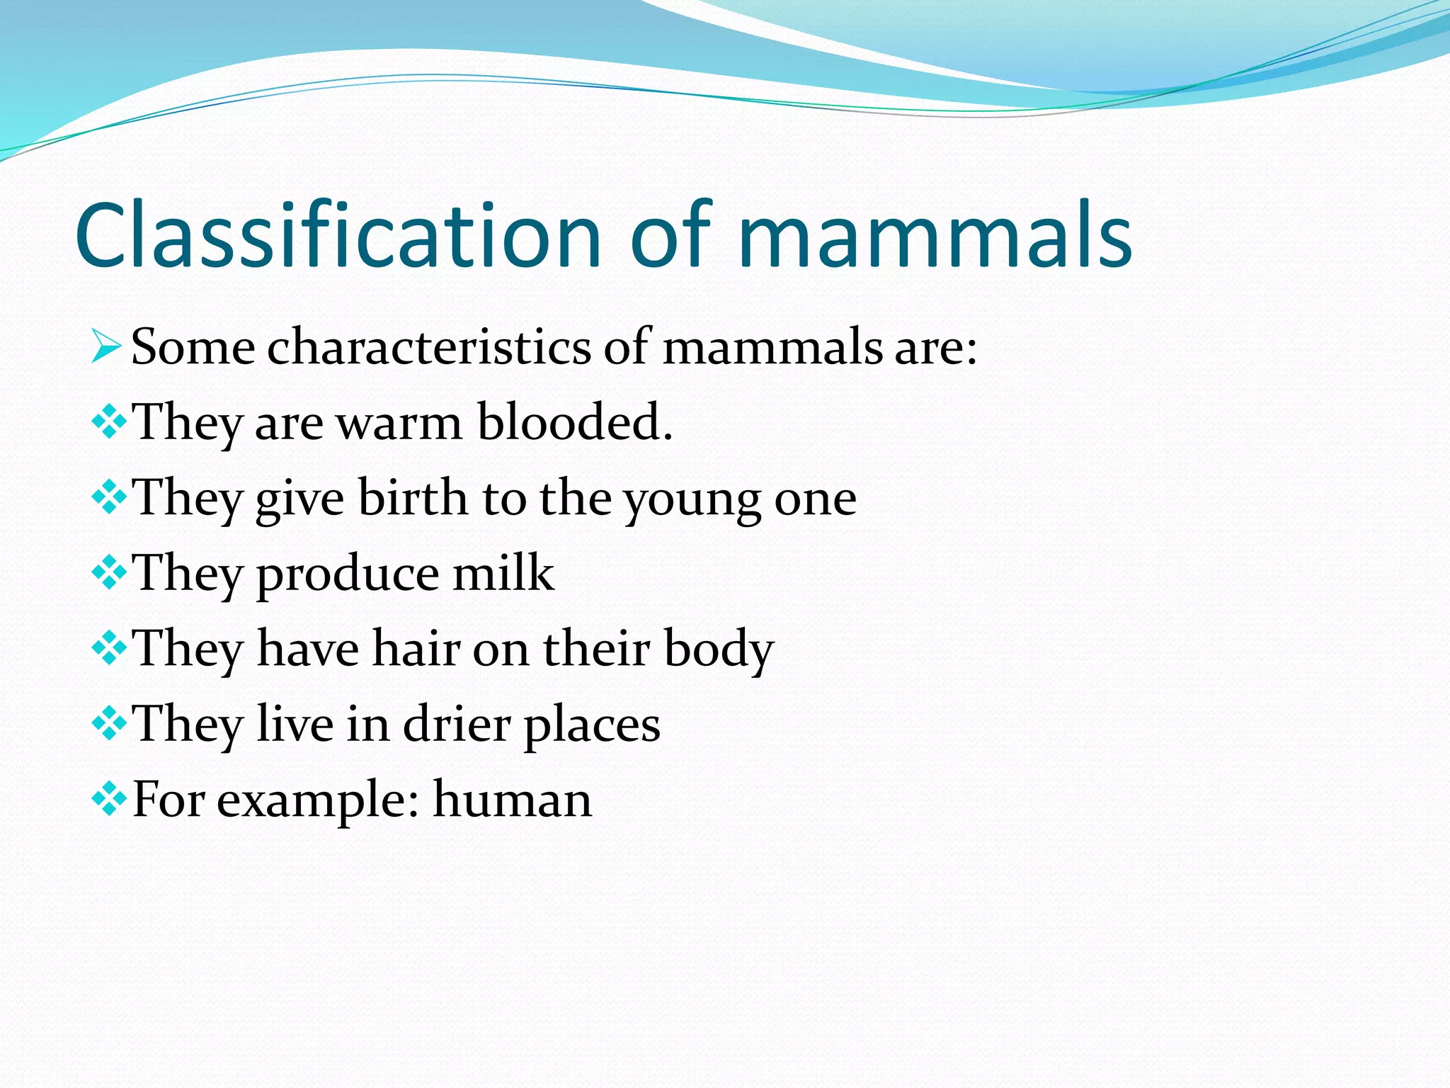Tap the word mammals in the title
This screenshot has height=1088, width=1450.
(935, 235)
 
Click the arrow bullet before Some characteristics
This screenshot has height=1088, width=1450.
(107, 347)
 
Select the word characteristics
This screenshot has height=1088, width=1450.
(428, 347)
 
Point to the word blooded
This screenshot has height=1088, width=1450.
(574, 422)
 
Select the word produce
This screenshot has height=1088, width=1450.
(347, 575)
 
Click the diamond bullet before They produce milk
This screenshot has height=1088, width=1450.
(109, 572)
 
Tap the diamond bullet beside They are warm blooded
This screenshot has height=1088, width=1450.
(109, 422)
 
